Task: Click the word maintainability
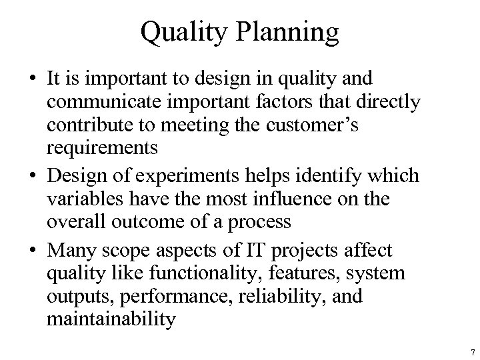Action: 111,319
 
